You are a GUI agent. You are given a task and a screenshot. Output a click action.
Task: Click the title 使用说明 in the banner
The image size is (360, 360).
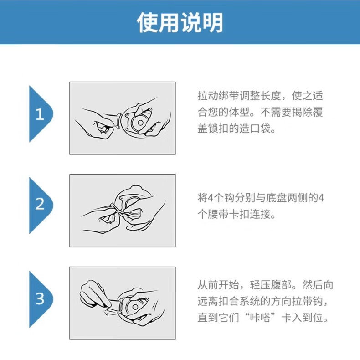(180, 22)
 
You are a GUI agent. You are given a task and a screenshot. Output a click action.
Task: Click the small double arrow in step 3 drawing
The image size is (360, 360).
(110, 312)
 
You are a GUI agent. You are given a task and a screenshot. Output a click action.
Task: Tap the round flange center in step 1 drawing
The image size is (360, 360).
(140, 123)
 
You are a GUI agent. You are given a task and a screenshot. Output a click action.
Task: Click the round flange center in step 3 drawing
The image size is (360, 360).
(135, 307)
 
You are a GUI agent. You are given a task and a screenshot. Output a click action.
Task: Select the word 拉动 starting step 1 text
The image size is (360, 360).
(208, 96)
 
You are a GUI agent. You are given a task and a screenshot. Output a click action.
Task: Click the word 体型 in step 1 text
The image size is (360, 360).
(239, 112)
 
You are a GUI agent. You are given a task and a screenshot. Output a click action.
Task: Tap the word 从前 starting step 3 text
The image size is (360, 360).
(208, 285)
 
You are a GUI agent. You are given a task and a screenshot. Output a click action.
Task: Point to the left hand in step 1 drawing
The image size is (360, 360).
(97, 124)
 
